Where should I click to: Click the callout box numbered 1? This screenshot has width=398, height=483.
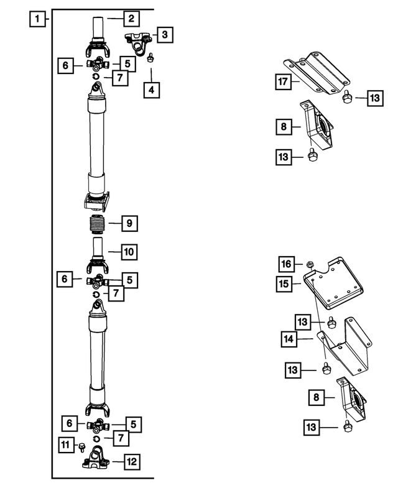[x=39, y=19]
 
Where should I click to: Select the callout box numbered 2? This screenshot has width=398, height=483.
[x=131, y=19]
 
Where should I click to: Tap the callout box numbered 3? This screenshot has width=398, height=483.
[x=164, y=35]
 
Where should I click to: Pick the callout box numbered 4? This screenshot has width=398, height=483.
[x=151, y=90]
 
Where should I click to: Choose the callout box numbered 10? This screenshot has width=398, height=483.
[x=128, y=252]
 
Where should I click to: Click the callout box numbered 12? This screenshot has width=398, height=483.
[x=131, y=462]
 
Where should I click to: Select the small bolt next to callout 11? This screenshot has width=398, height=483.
[x=81, y=445]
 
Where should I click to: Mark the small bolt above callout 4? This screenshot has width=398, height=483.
[x=150, y=59]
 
